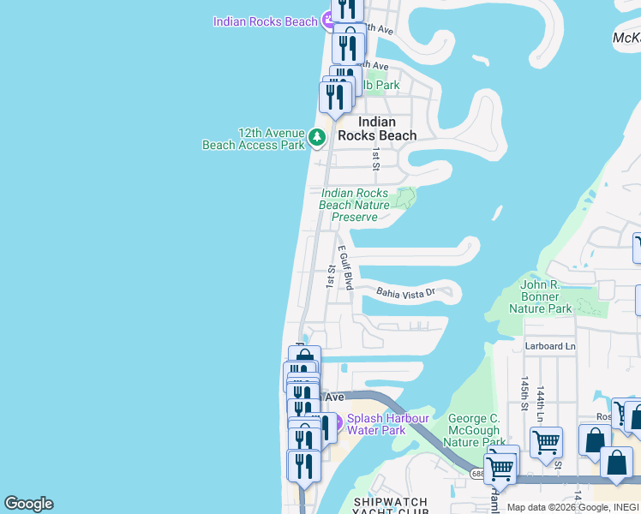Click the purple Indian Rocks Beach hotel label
coord(265,21)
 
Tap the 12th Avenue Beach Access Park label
coord(254,139)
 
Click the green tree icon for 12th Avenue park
coord(317,136)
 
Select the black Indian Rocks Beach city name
coord(376,128)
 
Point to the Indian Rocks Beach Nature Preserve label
coord(354,206)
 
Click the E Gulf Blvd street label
coord(345,266)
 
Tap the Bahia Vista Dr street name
coord(406,293)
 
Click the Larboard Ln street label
coord(550,346)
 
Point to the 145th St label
coord(523,392)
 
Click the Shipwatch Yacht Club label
coord(390,505)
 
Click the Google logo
coord(28,504)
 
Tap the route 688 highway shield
coord(478,473)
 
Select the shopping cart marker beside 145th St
coord(546,443)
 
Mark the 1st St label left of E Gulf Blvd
coord(331,275)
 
